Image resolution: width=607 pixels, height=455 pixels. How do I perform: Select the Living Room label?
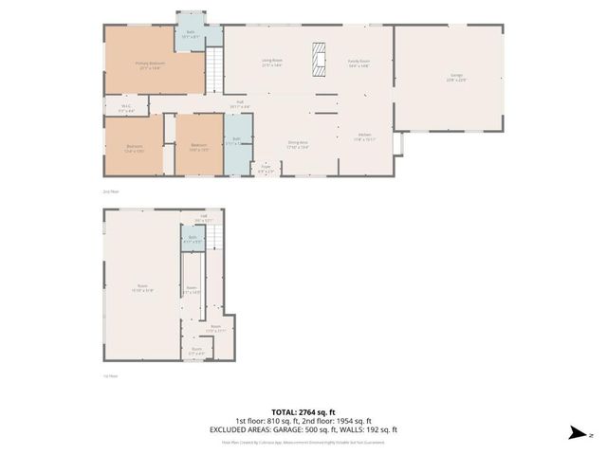(273, 63)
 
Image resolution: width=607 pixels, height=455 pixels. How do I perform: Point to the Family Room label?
(359, 63)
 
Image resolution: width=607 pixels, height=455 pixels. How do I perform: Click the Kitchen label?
(364, 137)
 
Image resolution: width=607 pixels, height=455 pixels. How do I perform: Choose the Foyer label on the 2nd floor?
(267, 170)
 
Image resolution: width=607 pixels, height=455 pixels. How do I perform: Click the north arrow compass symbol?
(576, 433)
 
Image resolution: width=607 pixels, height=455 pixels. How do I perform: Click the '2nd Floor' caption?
(112, 191)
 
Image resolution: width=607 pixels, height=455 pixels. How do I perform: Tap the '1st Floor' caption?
(112, 375)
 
